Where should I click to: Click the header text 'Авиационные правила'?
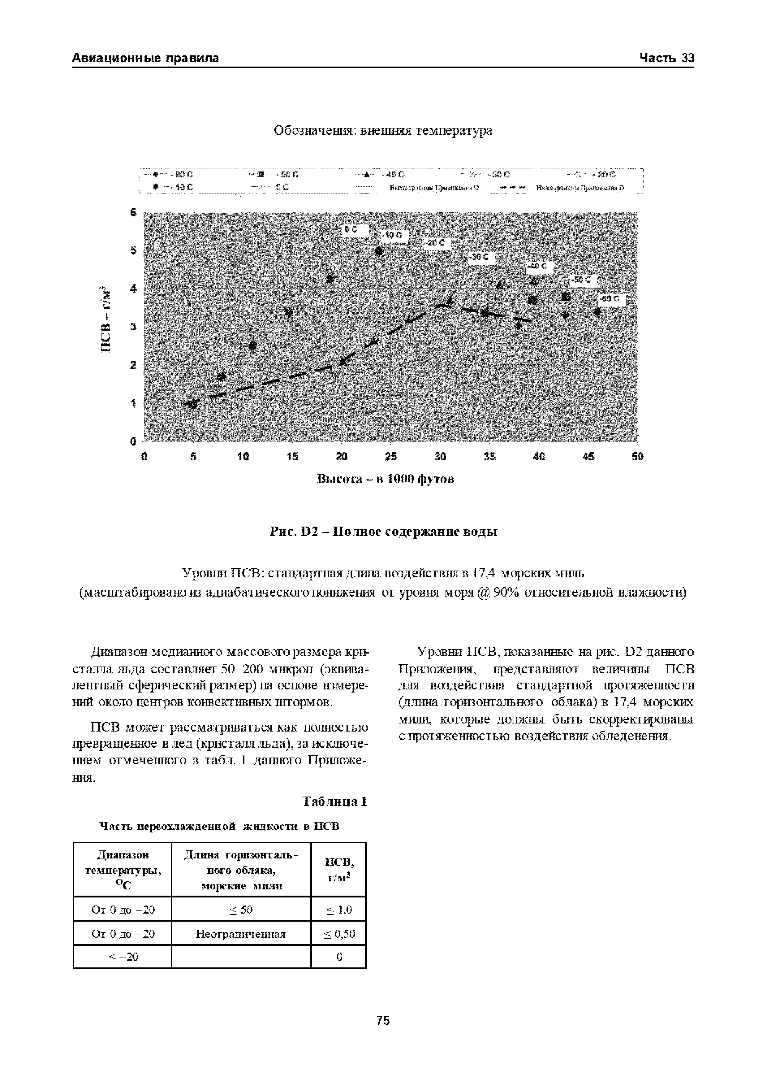tap(145, 58)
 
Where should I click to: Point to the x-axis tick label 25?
tap(390, 456)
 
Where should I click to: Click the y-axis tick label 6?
tap(133, 212)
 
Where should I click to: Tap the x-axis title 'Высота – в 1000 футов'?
tap(385, 479)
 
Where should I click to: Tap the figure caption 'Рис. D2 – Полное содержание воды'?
tap(383, 532)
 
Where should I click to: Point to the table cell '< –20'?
tap(123, 957)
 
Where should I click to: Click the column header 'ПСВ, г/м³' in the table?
tap(339, 869)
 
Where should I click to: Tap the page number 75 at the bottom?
tap(383, 1020)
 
